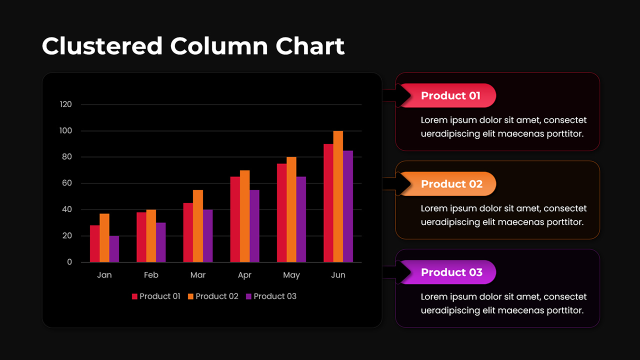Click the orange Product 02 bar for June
point(338,196)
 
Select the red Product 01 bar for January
point(94,243)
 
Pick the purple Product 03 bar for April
point(254,226)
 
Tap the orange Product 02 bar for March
point(198,226)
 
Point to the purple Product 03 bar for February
point(160,242)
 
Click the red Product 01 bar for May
point(281,213)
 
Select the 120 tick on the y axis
point(66,104)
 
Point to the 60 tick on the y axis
point(66,183)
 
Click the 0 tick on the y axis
point(69,262)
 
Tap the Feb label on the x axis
point(151,275)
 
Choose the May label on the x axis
point(291,275)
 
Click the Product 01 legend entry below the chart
point(156,296)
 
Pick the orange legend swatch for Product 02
point(190,296)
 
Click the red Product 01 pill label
point(450,95)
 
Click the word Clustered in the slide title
point(102,46)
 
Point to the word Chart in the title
point(310,46)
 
